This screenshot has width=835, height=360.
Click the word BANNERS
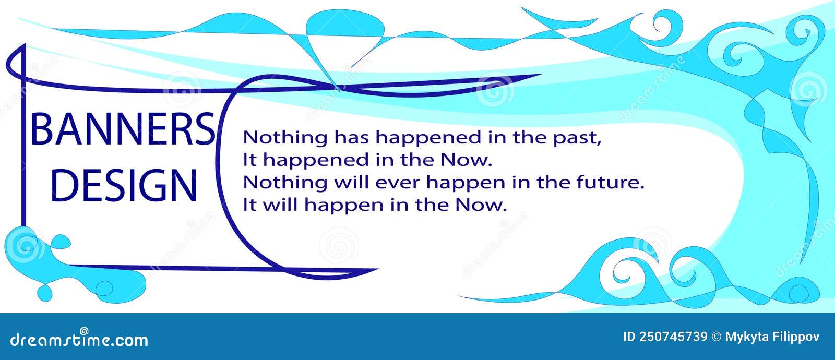coord(123,129)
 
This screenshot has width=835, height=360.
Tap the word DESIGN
coord(124,186)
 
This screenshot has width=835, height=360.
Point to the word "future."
coord(610,182)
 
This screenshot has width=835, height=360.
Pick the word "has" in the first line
coord(352,137)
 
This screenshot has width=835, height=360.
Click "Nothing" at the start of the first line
coord(285,137)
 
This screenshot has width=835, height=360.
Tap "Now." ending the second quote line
coord(467,160)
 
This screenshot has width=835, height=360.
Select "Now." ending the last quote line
coord(481,205)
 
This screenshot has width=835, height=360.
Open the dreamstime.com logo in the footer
coord(79,339)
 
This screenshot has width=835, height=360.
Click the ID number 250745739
coord(673,337)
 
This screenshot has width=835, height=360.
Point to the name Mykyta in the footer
coord(747,338)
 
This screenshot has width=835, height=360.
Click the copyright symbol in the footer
coord(717,337)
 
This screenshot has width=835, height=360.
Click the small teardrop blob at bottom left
coord(44,293)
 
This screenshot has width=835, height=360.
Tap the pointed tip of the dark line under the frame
coord(378,269)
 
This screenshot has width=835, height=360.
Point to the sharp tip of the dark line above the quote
coord(541,75)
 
